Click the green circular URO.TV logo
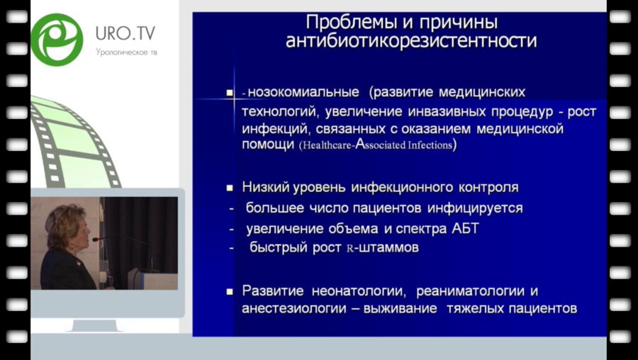[57, 40]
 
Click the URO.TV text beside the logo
[125, 33]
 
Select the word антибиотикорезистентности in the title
[411, 41]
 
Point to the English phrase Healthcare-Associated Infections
[376, 146]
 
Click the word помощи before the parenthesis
[268, 145]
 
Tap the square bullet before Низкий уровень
[230, 189]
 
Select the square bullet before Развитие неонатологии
[230, 291]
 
